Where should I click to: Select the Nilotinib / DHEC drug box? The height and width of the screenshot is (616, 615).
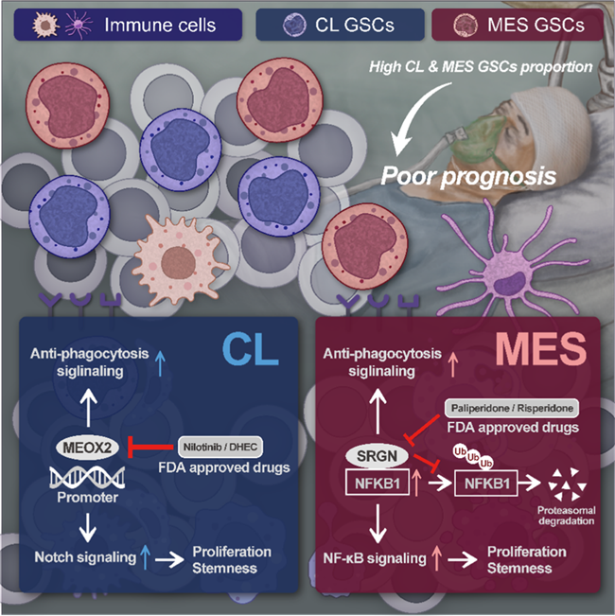coord(223,445)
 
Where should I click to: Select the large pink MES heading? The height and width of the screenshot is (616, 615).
coord(545,348)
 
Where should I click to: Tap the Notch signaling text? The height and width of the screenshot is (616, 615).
coord(81,556)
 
